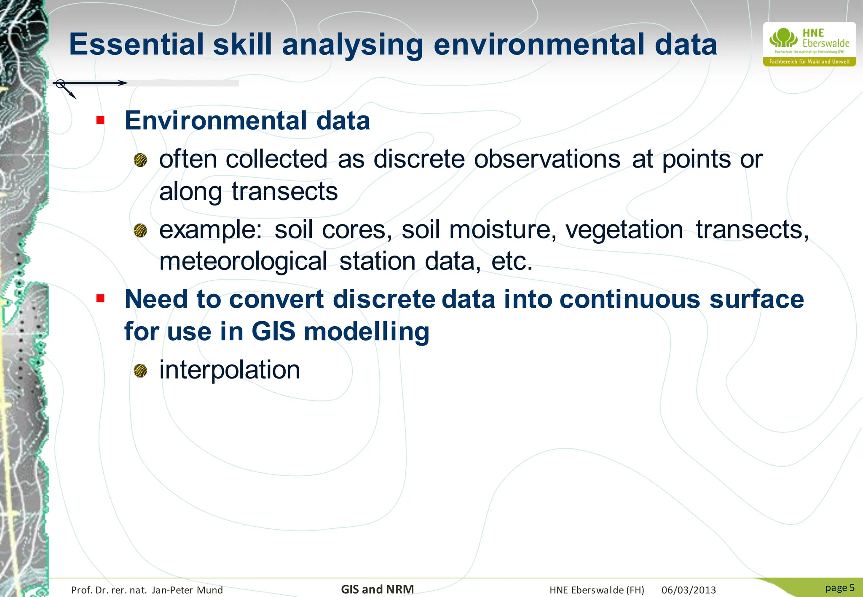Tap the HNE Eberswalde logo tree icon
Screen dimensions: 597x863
[783, 38]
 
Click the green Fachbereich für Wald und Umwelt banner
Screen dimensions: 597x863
[809, 62]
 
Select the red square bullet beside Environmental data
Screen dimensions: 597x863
[100, 120]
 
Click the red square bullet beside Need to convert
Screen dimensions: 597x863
[100, 299]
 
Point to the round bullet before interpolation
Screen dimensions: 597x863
[140, 371]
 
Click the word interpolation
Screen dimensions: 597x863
[230, 370]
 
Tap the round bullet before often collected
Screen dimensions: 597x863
[140, 160]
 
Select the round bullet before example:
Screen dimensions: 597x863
[140, 231]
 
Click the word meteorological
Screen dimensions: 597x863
[243, 261]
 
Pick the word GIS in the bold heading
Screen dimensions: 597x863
[273, 331]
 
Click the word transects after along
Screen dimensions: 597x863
[284, 192]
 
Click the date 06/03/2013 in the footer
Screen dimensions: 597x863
[689, 590]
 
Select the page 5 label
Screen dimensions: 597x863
[839, 588]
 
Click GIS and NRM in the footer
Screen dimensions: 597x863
[377, 589]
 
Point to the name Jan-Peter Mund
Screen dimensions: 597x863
[187, 590]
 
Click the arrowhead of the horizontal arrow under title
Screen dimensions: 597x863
[123, 83]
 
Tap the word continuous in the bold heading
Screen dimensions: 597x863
[630, 299]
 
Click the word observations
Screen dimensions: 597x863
[547, 160]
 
